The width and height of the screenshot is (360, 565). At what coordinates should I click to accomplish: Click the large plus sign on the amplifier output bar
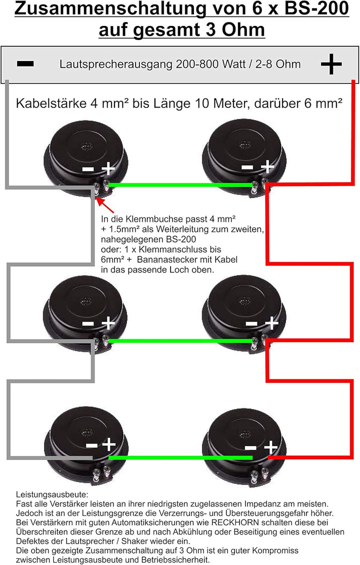pyautogui.click(x=331, y=64)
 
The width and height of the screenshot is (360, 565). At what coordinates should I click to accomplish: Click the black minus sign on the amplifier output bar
pyautogui.click(x=25, y=64)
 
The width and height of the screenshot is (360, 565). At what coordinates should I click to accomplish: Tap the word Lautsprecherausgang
pyautogui.click(x=116, y=64)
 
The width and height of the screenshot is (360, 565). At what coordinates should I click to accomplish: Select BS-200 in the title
pyautogui.click(x=316, y=9)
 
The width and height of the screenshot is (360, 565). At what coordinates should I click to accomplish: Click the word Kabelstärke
pyautogui.click(x=51, y=103)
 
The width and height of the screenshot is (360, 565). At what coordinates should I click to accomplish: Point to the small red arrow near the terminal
pyautogui.click(x=105, y=205)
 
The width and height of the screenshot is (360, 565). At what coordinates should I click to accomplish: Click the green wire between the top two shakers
pyautogui.click(x=180, y=185)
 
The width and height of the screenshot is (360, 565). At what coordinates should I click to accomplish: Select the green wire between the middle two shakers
pyautogui.click(x=180, y=341)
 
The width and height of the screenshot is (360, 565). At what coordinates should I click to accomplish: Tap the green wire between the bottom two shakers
pyautogui.click(x=180, y=457)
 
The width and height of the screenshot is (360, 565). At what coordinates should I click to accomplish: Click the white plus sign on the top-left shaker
pyautogui.click(x=107, y=168)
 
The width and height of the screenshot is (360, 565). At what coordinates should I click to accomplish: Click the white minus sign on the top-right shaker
pyautogui.click(x=247, y=167)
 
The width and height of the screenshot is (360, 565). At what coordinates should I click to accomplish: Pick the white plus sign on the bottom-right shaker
pyautogui.click(x=270, y=447)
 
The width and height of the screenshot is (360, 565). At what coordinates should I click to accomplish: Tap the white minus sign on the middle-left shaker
pyautogui.click(x=87, y=323)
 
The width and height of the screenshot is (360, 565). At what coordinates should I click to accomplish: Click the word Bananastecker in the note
pyautogui.click(x=165, y=259)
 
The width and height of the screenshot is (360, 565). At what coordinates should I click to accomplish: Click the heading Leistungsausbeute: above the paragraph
pyautogui.click(x=52, y=494)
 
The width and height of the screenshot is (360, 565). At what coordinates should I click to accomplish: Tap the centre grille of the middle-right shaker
pyautogui.click(x=244, y=300)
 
